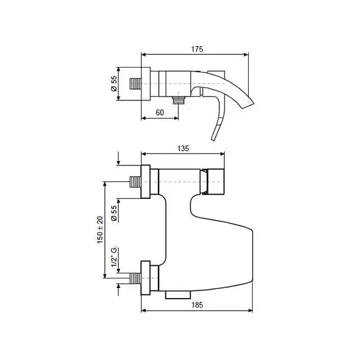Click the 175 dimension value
tap(197, 49)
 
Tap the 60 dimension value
tap(160, 112)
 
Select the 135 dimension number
tap(183, 148)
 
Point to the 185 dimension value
tap(197, 305)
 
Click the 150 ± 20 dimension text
tap(100, 230)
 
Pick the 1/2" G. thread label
tap(114, 257)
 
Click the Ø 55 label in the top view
tap(114, 83)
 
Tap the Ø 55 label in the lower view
tap(114, 213)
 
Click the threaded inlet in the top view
tap(135, 84)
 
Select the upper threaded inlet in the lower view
tap(135, 182)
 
